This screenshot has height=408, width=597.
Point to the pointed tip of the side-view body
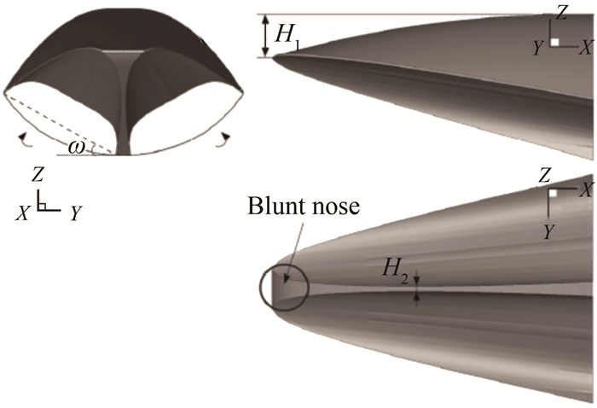tap(274, 57)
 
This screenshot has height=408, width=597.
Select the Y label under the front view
tap(75, 214)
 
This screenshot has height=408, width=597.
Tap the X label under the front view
tap(20, 214)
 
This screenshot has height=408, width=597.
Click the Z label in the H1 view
tap(561, 12)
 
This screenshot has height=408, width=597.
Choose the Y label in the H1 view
tap(538, 50)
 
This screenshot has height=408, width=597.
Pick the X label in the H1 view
tap(586, 50)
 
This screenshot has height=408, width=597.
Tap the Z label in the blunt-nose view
tap(544, 175)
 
